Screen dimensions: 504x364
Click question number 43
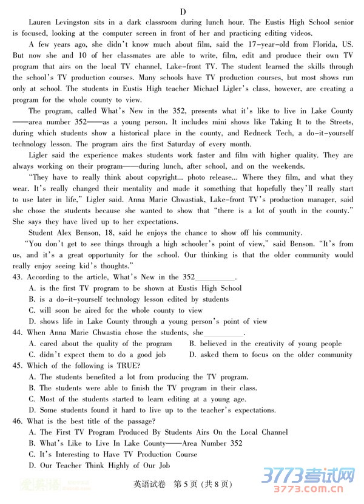pos(17,277)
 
